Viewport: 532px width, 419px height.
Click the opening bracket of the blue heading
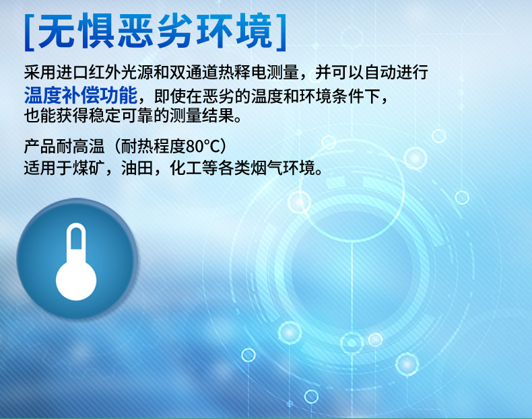point(30,32)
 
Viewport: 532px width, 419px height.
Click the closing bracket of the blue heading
point(281,32)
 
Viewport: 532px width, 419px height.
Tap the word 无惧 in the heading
point(75,32)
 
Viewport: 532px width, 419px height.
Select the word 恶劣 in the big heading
point(155,32)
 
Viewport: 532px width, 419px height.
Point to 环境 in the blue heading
point(234,32)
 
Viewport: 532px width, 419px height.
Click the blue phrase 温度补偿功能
point(81,96)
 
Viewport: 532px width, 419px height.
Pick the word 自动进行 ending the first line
point(395,72)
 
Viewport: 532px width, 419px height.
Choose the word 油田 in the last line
point(137,167)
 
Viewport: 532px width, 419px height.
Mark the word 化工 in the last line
point(186,167)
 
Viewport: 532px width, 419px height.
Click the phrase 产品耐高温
point(64,147)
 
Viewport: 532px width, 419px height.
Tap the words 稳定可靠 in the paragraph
point(121,116)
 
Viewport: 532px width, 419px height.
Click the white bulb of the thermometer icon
point(76,281)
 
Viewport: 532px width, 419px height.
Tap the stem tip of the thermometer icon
point(76,225)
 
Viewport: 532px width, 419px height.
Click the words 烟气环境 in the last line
point(283,167)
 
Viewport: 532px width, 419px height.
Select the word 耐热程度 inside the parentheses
point(154,147)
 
